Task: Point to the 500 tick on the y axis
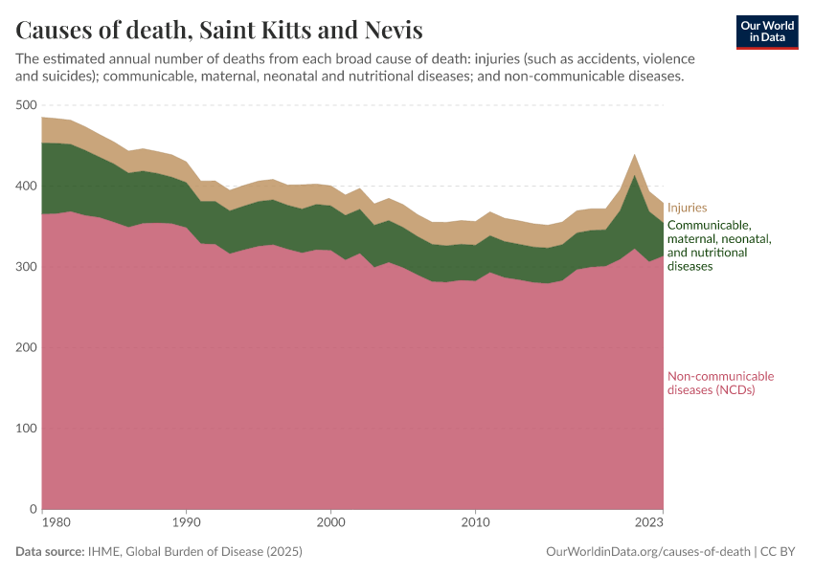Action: coord(26,105)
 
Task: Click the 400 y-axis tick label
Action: coord(26,186)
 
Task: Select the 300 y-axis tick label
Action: coord(26,267)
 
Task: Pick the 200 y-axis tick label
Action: coord(26,347)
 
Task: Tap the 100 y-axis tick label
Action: coord(26,428)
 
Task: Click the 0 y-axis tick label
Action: coord(32,509)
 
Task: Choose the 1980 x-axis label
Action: coord(43,523)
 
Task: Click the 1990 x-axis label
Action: coord(187,523)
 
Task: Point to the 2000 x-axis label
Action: coord(330,523)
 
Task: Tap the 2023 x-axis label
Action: coord(648,523)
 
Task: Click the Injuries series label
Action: coord(687,207)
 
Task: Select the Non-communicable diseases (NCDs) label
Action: coord(720,383)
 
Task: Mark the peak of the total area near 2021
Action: coord(634,153)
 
